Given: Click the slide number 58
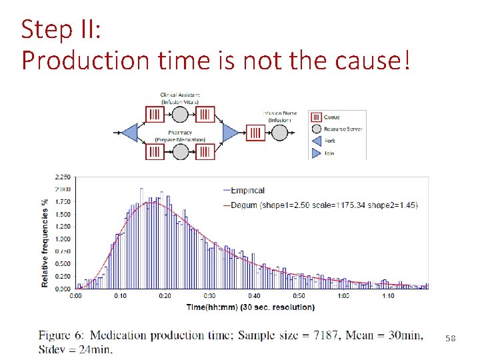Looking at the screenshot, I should click(451, 339).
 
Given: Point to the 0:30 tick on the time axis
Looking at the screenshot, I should click(209, 296).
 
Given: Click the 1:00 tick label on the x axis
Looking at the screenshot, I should click(343, 296).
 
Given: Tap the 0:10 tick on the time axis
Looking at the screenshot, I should click(121, 296).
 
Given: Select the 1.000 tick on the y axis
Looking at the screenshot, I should click(62, 239).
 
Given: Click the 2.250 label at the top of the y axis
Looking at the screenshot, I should click(62, 177).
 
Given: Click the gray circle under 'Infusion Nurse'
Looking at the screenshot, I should click(278, 133).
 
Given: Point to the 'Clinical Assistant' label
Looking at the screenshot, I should click(180, 95).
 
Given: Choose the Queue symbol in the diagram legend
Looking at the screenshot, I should click(315, 116).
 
